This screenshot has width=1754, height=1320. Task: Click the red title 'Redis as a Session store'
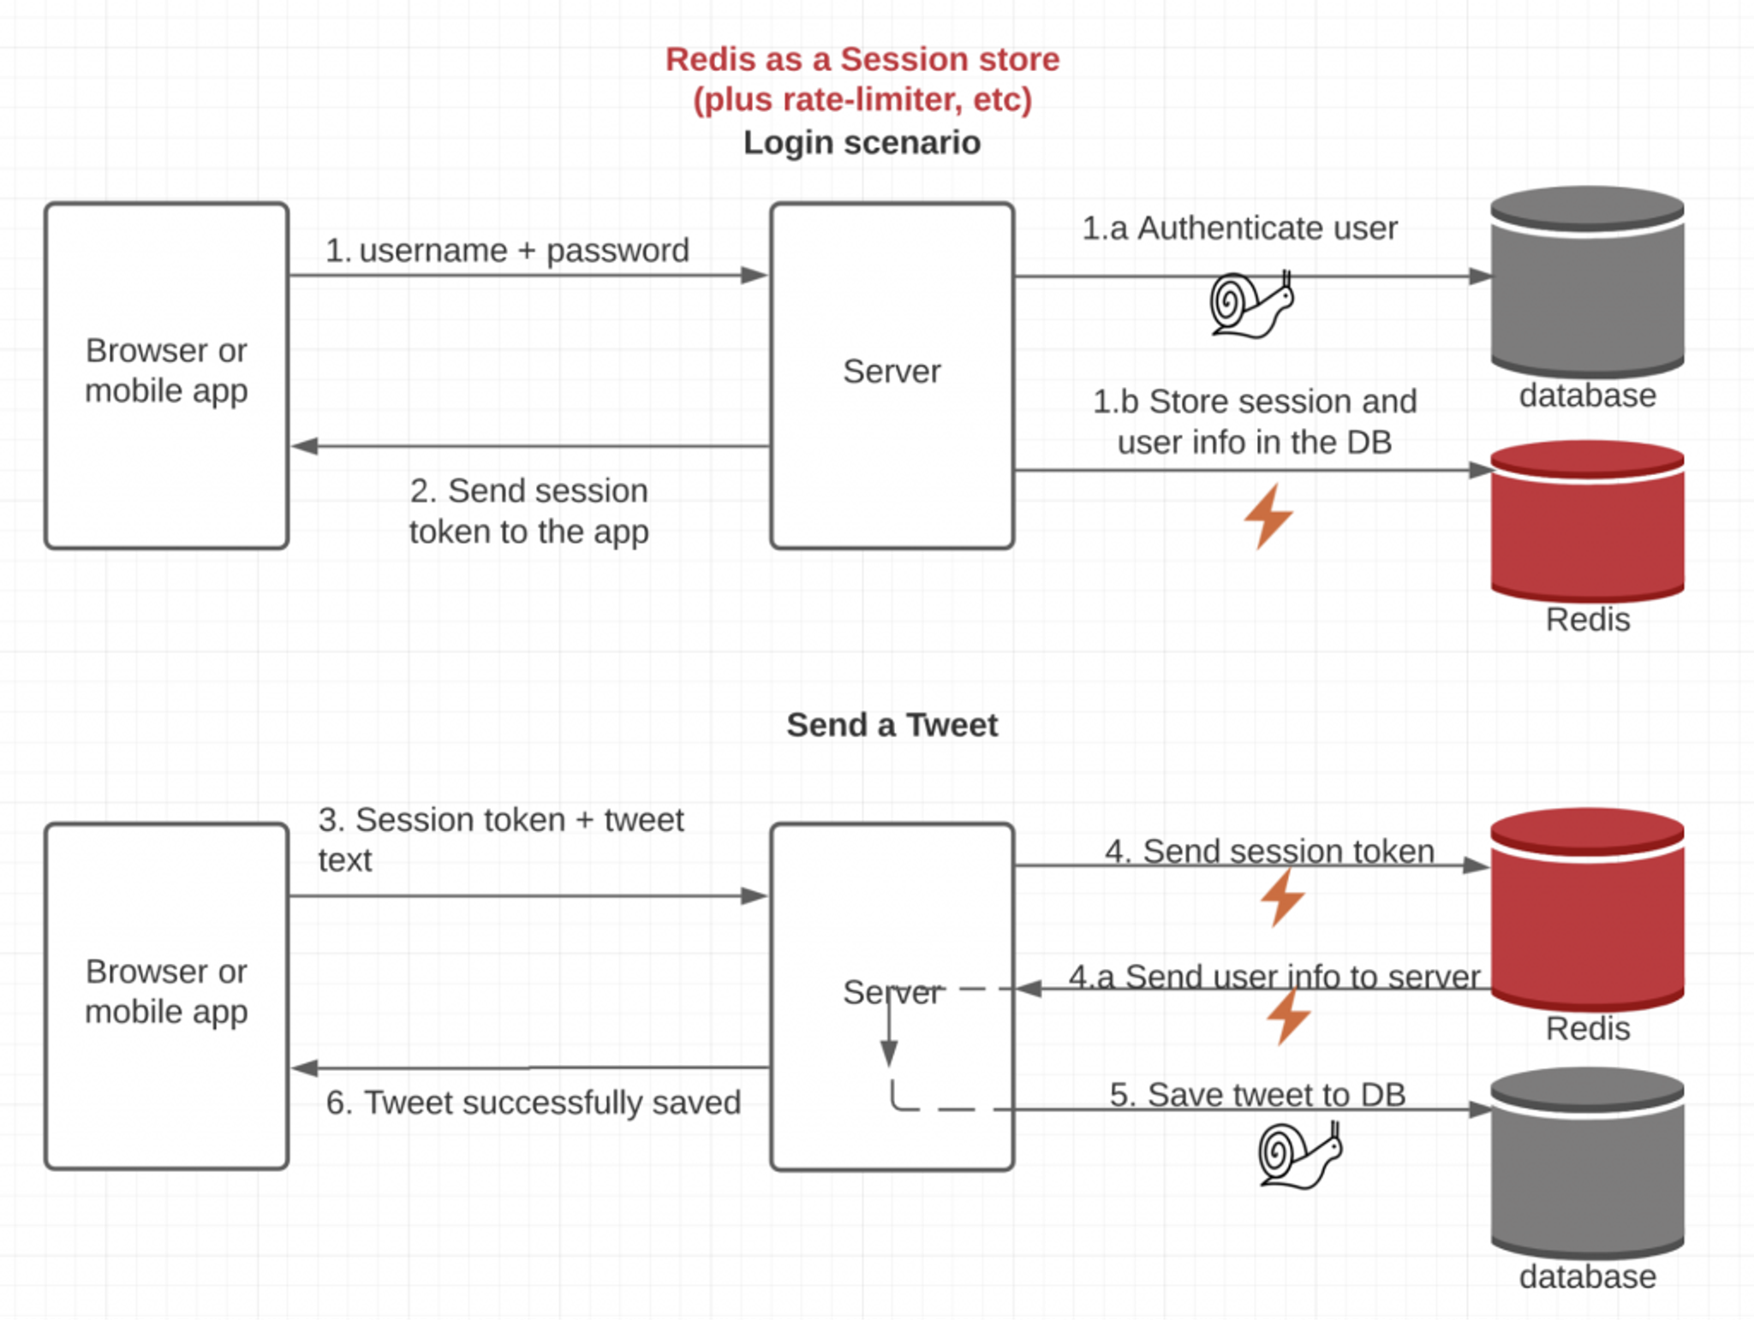862,60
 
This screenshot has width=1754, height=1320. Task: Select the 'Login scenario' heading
862,142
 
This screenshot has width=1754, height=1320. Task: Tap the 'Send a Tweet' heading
892,725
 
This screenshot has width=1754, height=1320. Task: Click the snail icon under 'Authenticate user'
1250,305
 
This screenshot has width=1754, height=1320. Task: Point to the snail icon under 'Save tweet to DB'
1299,1156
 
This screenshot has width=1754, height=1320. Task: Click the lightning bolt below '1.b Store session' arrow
1268,516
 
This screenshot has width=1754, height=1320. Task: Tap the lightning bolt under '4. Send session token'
1283,898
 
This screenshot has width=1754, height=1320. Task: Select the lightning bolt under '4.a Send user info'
1288,1016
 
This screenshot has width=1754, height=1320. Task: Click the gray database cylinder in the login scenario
1587,282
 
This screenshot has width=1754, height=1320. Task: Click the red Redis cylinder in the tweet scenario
1587,909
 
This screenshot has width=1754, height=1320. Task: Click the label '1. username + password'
507,251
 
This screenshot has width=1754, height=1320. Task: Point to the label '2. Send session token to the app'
528,511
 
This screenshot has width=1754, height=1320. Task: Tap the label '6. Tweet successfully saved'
533,1103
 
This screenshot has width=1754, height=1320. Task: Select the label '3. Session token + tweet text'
501,839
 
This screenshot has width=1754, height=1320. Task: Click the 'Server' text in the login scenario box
892,372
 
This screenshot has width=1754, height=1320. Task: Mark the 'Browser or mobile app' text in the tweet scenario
166,991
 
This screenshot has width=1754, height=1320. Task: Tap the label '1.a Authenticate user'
1239,229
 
